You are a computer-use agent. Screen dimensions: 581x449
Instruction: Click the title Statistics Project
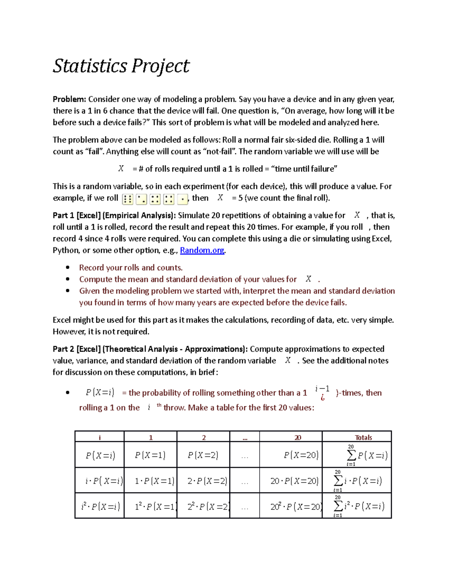[x=121, y=66]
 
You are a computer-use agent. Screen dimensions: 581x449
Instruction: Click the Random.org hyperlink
[x=202, y=250]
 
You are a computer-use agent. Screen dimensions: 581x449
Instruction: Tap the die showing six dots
[x=128, y=199]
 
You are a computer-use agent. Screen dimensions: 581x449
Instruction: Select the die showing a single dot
[x=182, y=199]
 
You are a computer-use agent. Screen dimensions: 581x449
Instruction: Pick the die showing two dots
[x=141, y=199]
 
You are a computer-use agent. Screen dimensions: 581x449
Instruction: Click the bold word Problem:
[x=69, y=99]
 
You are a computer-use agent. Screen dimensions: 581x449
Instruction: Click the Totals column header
[x=363, y=437]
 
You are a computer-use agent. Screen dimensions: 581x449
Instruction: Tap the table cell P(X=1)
[x=150, y=455]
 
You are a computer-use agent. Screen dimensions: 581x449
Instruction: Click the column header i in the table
[x=100, y=437]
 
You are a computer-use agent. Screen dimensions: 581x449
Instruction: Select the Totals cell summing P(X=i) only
[x=367, y=455]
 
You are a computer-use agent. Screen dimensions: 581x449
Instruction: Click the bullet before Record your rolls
[x=68, y=267]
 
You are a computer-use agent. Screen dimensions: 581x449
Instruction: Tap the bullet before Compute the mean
[x=68, y=279]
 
